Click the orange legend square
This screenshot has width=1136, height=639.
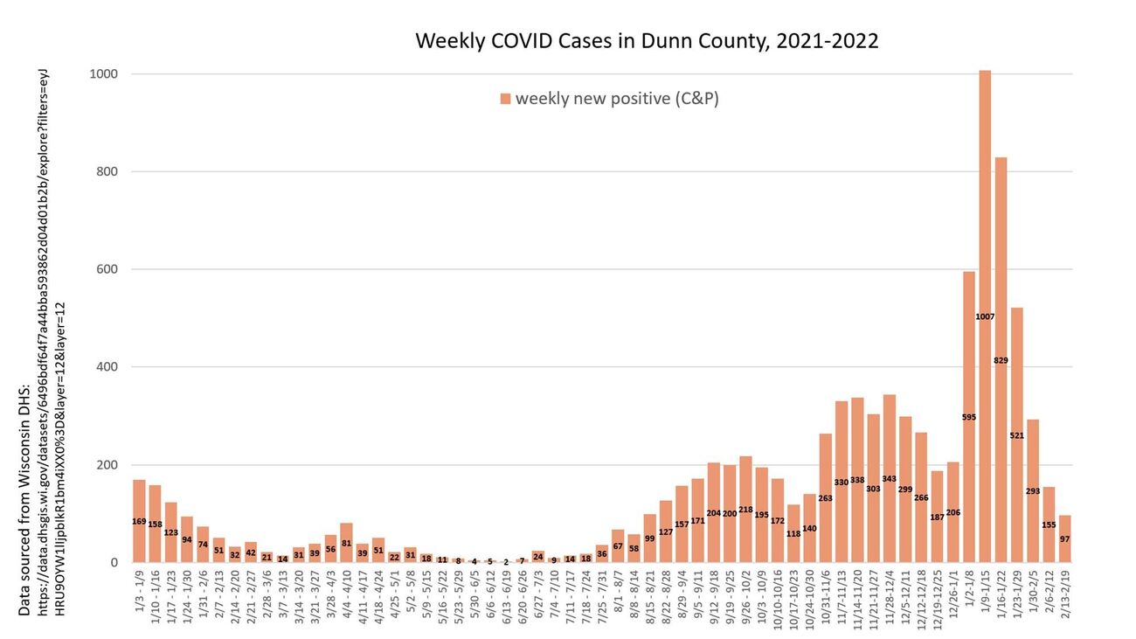[505, 99]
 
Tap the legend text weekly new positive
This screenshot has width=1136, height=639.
[617, 98]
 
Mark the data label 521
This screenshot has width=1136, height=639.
[1016, 434]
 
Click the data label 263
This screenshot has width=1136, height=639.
[826, 498]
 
